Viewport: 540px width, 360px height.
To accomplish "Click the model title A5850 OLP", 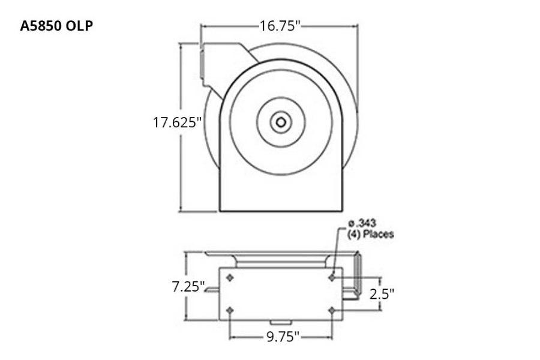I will (x=56, y=26).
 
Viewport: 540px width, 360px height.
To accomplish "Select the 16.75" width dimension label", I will (x=280, y=26).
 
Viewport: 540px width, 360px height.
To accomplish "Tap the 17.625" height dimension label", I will (x=177, y=122).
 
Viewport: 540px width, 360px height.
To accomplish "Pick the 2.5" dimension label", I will (x=381, y=293).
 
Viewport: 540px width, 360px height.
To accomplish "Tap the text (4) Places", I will (x=371, y=234).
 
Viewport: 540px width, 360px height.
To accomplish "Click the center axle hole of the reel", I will (x=280, y=122).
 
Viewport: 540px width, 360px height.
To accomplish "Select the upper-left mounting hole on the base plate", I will (x=230, y=278).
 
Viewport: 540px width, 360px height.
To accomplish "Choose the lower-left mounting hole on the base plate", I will (x=230, y=310).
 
